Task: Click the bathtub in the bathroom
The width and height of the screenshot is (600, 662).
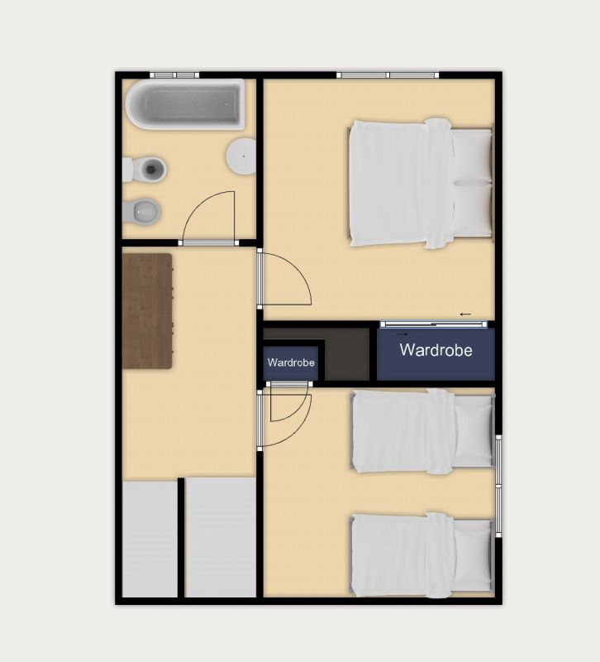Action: [x=185, y=103]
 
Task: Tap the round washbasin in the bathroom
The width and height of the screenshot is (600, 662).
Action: [x=241, y=156]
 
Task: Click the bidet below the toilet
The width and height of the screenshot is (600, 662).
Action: [x=141, y=211]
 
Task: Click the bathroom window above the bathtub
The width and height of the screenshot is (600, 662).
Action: [x=174, y=75]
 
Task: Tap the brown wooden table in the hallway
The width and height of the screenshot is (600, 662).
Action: [x=147, y=311]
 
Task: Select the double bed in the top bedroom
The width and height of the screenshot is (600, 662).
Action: [x=421, y=183]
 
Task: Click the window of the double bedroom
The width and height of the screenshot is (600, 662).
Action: [x=388, y=75]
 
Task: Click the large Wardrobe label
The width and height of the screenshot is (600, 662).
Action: [x=436, y=350]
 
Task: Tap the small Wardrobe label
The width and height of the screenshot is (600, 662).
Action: [x=291, y=362]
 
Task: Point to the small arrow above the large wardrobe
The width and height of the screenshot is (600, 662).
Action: [x=465, y=314]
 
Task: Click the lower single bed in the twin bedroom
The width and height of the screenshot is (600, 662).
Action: [x=422, y=554]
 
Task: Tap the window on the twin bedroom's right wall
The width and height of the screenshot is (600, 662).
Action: [x=498, y=486]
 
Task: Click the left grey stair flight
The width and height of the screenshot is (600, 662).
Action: [x=150, y=539]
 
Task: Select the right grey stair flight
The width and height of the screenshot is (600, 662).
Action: [x=221, y=537]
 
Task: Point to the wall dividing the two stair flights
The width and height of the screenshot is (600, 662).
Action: [x=181, y=538]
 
